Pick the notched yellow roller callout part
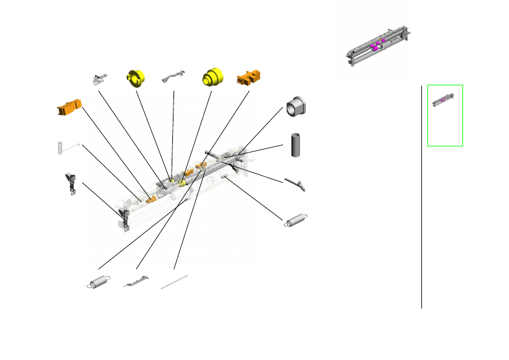[137, 79]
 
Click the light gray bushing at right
[296, 106]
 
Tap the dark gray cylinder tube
[296, 144]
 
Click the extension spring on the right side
[296, 221]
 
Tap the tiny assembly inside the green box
[444, 100]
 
